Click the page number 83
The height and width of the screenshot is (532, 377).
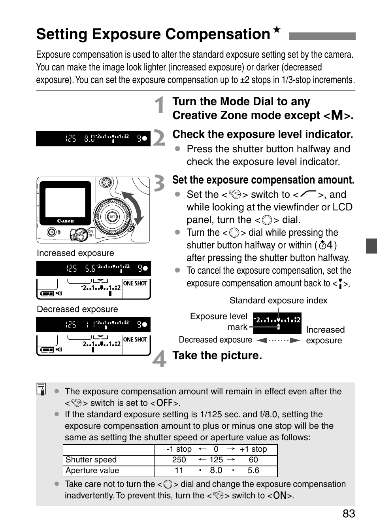[349, 513]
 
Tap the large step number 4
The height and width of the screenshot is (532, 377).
[160, 358]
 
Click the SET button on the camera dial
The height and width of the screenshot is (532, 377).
[112, 217]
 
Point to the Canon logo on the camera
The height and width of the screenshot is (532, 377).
[65, 221]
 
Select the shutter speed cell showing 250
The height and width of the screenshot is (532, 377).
[179, 460]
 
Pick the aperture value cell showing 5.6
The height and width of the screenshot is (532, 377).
[253, 470]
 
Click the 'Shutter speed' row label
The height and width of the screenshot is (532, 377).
[91, 460]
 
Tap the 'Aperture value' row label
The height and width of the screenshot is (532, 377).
[92, 470]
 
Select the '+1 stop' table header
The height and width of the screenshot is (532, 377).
[253, 449]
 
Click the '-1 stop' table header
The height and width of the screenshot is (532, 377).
[179, 449]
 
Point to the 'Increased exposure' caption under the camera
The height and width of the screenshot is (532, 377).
[75, 253]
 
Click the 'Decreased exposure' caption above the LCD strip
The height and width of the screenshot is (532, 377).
[77, 309]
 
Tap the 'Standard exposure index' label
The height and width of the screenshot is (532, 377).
[278, 301]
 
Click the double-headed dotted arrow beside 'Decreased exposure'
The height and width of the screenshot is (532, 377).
[278, 340]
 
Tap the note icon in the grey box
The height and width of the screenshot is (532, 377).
[41, 389]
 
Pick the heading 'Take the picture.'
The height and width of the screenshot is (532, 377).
[217, 355]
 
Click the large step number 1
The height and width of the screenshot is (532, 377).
[160, 105]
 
